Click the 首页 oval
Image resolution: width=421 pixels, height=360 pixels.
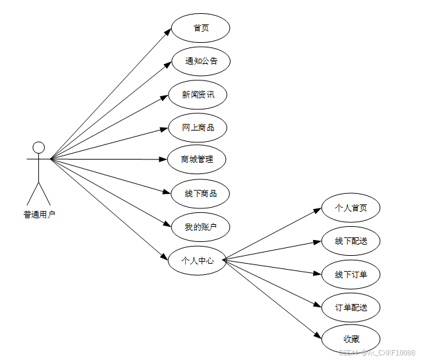click(200, 28)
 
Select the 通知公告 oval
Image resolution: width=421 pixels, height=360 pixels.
click(200, 61)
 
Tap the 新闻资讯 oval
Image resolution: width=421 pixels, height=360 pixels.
click(198, 94)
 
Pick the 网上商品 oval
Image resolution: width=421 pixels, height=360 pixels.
click(198, 127)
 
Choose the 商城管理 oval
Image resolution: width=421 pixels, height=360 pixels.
click(197, 160)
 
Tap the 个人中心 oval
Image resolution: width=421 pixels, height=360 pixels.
click(197, 260)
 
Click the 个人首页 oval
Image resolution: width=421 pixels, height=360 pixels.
click(351, 208)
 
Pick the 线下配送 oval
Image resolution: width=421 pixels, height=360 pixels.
click(351, 241)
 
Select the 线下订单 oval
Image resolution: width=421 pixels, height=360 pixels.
click(351, 274)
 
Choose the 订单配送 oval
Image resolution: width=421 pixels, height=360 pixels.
click(351, 307)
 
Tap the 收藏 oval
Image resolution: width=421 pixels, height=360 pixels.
click(351, 340)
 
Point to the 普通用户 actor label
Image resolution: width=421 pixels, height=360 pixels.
click(39, 214)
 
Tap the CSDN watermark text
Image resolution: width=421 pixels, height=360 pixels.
click(377, 353)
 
